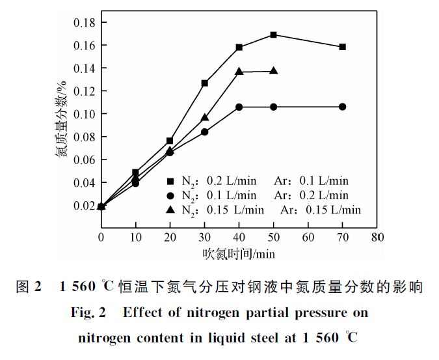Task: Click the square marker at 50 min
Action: tap(273, 35)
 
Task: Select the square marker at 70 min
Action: tap(342, 47)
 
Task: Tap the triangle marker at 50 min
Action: tap(273, 71)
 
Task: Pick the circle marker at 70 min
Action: tap(342, 107)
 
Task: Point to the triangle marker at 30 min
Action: tap(204, 118)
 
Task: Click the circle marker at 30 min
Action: tap(204, 132)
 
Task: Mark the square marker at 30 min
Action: tap(204, 83)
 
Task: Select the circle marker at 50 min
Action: tap(273, 107)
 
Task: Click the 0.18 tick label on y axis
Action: tap(84, 23)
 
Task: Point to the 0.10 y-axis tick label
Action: tap(84, 114)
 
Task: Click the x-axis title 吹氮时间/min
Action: tap(239, 251)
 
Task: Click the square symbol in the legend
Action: tap(171, 181)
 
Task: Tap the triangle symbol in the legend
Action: tap(171, 209)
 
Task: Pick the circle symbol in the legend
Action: tap(171, 195)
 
